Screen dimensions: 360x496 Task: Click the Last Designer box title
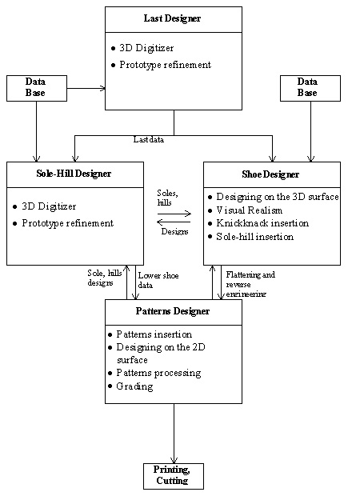pos(172,18)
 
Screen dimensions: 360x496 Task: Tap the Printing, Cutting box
pos(174,476)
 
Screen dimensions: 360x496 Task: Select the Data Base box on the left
pos(37,88)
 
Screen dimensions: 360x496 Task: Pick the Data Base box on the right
pos(310,88)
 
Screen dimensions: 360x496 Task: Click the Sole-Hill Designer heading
pos(74,174)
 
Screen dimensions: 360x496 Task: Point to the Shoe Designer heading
pos(270,174)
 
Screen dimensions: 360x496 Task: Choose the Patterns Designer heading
pos(173,311)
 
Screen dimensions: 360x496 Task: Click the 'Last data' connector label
pos(149,139)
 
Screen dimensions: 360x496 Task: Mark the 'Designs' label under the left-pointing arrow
pos(174,231)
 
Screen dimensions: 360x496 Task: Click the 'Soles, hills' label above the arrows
pos(167,198)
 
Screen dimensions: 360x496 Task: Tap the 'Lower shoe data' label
pos(158,280)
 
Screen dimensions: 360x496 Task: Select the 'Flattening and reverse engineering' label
pos(250,284)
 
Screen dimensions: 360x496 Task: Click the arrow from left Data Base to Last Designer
pos(86,88)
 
